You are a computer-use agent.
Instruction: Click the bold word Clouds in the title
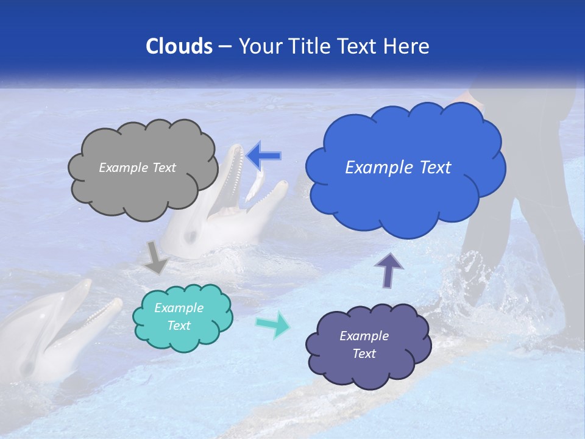179,46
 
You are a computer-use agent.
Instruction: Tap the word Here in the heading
408,46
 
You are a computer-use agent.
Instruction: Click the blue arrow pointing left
263,155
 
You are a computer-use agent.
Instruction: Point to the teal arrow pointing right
272,324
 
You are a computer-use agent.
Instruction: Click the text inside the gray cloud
137,168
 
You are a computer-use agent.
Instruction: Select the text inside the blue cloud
398,168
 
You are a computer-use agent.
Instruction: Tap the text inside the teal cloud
179,316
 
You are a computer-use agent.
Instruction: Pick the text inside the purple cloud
364,344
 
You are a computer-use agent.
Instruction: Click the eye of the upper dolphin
191,235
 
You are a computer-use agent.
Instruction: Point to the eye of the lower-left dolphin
27,368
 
